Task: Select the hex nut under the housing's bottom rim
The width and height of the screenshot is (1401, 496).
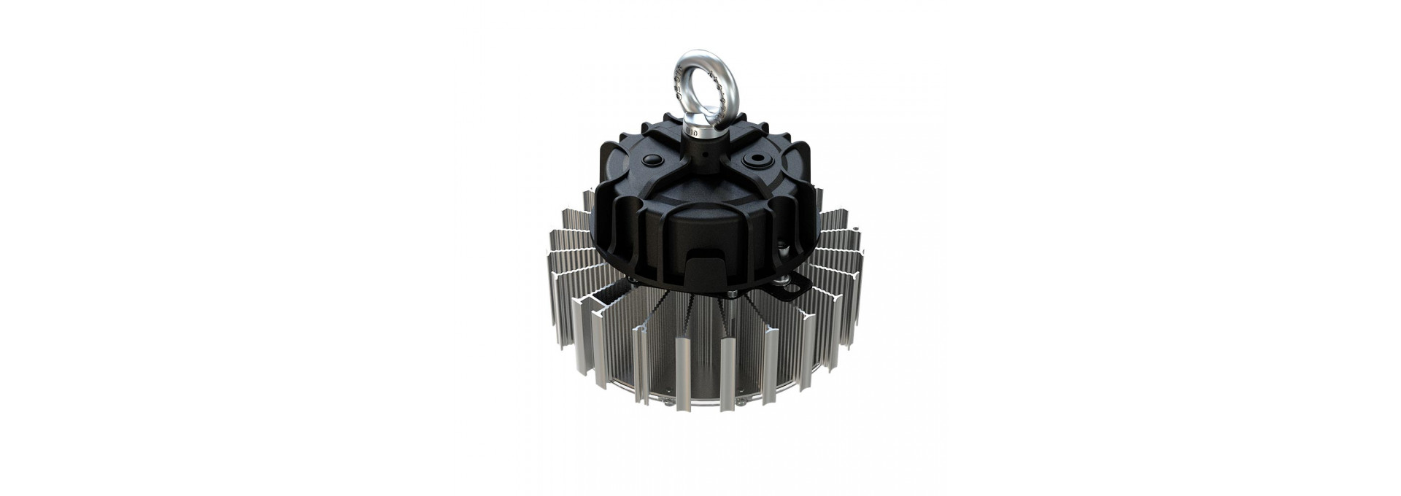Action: pos(732,293)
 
